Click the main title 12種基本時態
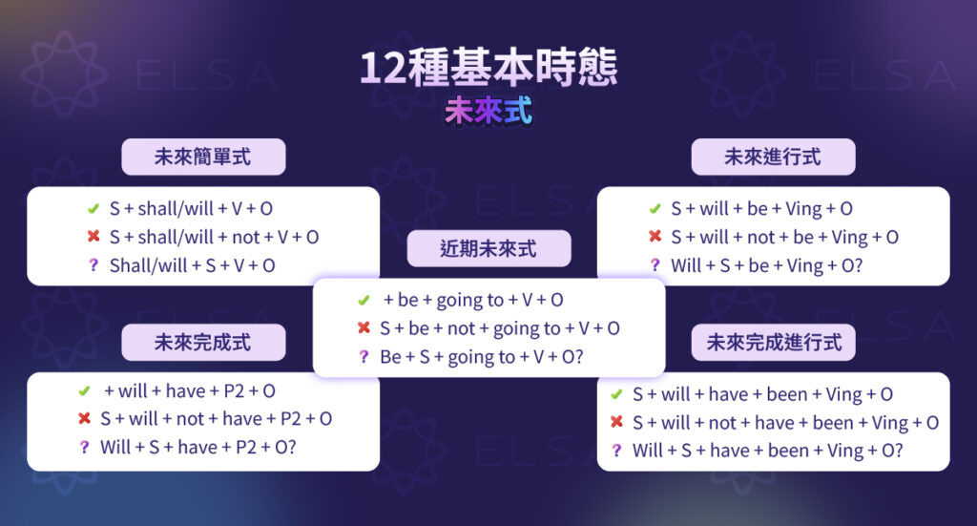tap(488, 68)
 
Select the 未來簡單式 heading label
tap(202, 157)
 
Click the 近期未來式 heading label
tap(488, 249)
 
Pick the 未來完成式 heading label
tap(202, 342)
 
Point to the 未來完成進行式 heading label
tap(774, 342)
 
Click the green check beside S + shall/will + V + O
tap(93, 208)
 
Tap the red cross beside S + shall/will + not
tap(93, 237)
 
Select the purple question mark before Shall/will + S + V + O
tap(93, 265)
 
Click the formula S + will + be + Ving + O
tap(761, 208)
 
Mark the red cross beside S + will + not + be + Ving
tap(655, 237)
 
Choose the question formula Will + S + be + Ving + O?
tap(766, 265)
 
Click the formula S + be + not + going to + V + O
tap(499, 328)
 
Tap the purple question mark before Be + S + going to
tap(363, 357)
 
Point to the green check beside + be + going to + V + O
tap(363, 300)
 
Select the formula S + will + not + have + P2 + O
tap(216, 418)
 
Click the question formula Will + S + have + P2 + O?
tap(197, 447)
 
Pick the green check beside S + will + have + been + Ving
tap(616, 393)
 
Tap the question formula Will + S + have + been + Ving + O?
tap(767, 451)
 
